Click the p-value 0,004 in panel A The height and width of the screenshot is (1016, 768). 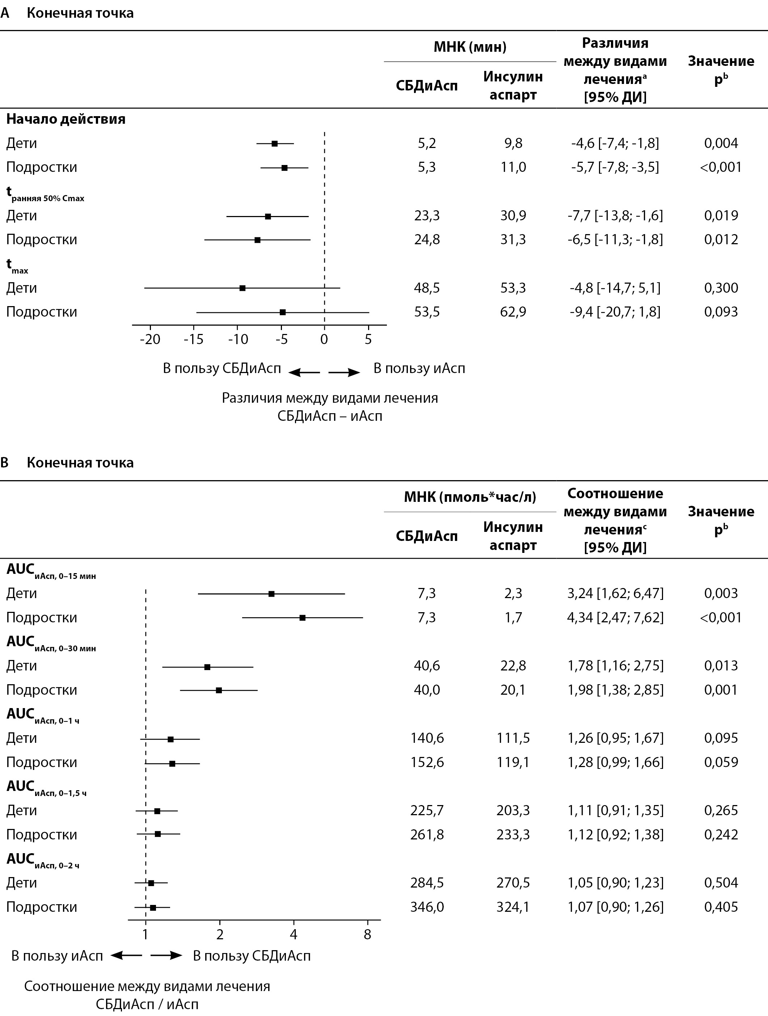coord(721,143)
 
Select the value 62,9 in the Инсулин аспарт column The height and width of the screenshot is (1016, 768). coord(513,312)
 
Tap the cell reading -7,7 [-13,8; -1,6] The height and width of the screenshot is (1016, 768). coord(615,215)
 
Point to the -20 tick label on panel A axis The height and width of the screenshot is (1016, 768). coord(150,339)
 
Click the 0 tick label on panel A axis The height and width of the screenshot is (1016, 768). coord(324,339)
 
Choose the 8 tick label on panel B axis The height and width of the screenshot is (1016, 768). coord(367,935)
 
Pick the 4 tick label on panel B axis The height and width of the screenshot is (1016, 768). coord(294,935)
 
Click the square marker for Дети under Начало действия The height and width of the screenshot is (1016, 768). coord(275,144)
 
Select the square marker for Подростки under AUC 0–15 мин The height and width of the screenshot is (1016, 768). coord(302,618)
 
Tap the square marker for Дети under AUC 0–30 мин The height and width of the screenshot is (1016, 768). coord(207,667)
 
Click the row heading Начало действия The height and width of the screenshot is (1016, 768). coord(66,119)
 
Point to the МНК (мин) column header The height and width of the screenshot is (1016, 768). coord(470,46)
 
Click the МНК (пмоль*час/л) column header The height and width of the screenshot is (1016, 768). coord(470,497)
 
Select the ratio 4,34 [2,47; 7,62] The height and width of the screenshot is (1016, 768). coord(615,617)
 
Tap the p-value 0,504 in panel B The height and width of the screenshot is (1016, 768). coord(721,882)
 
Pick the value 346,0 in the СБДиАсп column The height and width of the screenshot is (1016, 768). coord(427,907)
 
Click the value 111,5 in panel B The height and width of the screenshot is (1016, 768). coord(513,738)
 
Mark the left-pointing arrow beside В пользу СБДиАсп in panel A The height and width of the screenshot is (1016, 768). coord(304,373)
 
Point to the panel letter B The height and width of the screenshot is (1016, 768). coord(5,462)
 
